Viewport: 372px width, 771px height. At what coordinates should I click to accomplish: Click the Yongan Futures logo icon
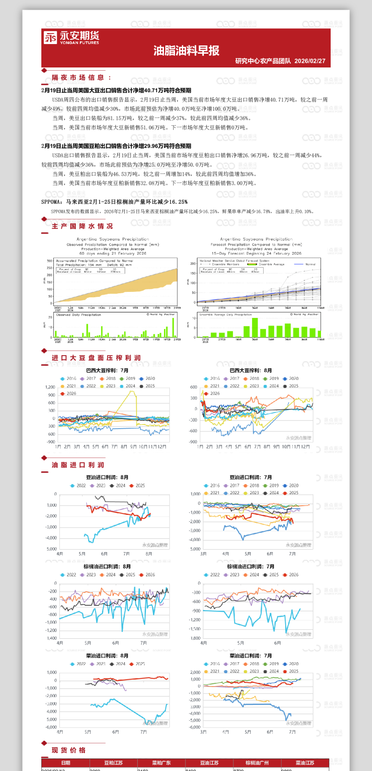[x=50, y=38]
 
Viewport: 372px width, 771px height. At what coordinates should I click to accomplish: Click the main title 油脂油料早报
[x=186, y=50]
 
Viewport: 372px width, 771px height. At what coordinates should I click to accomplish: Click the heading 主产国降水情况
[x=82, y=226]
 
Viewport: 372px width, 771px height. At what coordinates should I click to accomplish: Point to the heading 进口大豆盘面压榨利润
[x=96, y=358]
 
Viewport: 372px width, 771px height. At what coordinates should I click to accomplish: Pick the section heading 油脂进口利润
[x=78, y=465]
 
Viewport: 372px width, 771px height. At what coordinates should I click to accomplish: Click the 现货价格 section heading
[x=68, y=750]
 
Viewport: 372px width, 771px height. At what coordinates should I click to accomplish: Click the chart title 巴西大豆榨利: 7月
[x=107, y=370]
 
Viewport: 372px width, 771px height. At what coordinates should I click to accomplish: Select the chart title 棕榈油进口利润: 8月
[x=107, y=566]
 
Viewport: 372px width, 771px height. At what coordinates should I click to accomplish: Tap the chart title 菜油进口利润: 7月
[x=251, y=656]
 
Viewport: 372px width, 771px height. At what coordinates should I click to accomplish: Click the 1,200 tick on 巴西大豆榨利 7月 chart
[x=50, y=387]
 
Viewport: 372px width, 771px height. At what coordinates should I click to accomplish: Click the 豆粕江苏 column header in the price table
[x=113, y=763]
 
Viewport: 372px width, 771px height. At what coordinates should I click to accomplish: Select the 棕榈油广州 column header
[x=257, y=763]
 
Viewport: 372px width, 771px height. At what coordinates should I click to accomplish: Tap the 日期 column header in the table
[x=66, y=763]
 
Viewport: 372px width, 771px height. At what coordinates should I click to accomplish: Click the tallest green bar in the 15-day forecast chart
[x=255, y=328]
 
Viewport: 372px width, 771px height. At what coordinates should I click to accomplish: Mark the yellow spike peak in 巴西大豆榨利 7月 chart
[x=133, y=391]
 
